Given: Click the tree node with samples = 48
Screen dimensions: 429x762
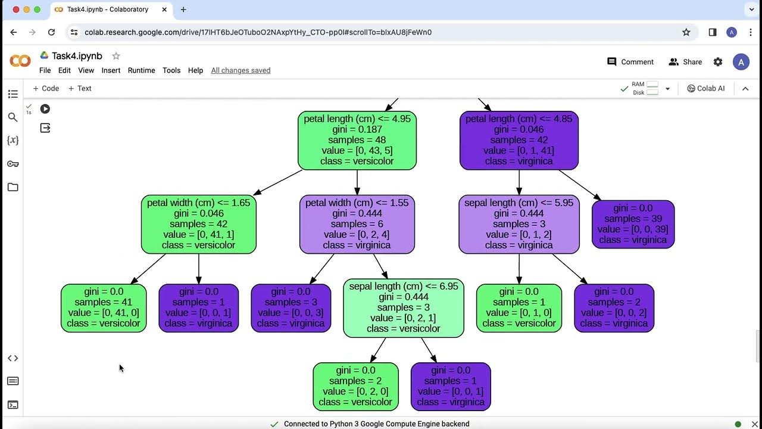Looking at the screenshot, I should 357,140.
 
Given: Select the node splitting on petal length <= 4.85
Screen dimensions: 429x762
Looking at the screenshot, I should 519,140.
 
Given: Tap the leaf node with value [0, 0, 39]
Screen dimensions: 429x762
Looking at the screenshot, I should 633,224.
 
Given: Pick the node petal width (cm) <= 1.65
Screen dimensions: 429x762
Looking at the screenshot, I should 199,224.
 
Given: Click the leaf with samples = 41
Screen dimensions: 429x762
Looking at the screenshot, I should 104,307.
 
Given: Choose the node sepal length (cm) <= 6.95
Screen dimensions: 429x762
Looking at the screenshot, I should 404,307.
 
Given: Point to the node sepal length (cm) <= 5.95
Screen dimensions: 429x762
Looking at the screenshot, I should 519,224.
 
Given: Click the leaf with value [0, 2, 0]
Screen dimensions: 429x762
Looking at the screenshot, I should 355,386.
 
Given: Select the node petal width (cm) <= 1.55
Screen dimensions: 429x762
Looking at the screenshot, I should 357,224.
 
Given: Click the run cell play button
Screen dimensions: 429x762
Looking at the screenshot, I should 45,108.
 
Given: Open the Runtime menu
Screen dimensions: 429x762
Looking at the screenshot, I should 141,70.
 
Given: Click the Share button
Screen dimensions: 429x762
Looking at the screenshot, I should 685,62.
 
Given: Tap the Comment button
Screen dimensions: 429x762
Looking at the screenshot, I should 630,62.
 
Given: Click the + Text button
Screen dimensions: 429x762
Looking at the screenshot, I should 80,88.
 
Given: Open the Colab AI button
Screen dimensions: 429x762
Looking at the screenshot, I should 706,88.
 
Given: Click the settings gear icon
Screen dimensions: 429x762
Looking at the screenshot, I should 718,62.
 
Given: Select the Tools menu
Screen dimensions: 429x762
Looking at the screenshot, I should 171,70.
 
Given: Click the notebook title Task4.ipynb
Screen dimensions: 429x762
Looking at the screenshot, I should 77,56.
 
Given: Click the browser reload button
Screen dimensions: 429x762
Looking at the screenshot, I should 51,32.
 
